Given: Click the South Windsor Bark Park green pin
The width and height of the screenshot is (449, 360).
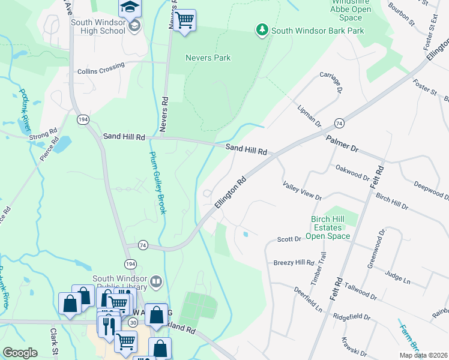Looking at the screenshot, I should coord(262,30).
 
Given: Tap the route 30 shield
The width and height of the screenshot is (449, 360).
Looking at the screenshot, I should coord(132,322).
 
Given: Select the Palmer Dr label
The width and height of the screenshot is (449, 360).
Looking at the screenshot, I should coord(342,143).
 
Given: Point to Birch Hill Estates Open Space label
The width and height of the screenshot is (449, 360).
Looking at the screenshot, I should coord(328,228).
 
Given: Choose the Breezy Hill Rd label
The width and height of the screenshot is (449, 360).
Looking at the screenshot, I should coord(294,263).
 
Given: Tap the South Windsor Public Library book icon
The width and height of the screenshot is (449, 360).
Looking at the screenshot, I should coord(156,281).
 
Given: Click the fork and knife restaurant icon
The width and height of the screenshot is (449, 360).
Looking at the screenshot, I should coord(109,326).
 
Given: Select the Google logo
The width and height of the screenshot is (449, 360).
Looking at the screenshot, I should coord(20,353).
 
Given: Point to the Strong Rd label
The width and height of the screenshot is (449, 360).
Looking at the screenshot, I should coord(44,133).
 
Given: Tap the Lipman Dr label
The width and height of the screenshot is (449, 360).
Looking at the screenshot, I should coord(309,115).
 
